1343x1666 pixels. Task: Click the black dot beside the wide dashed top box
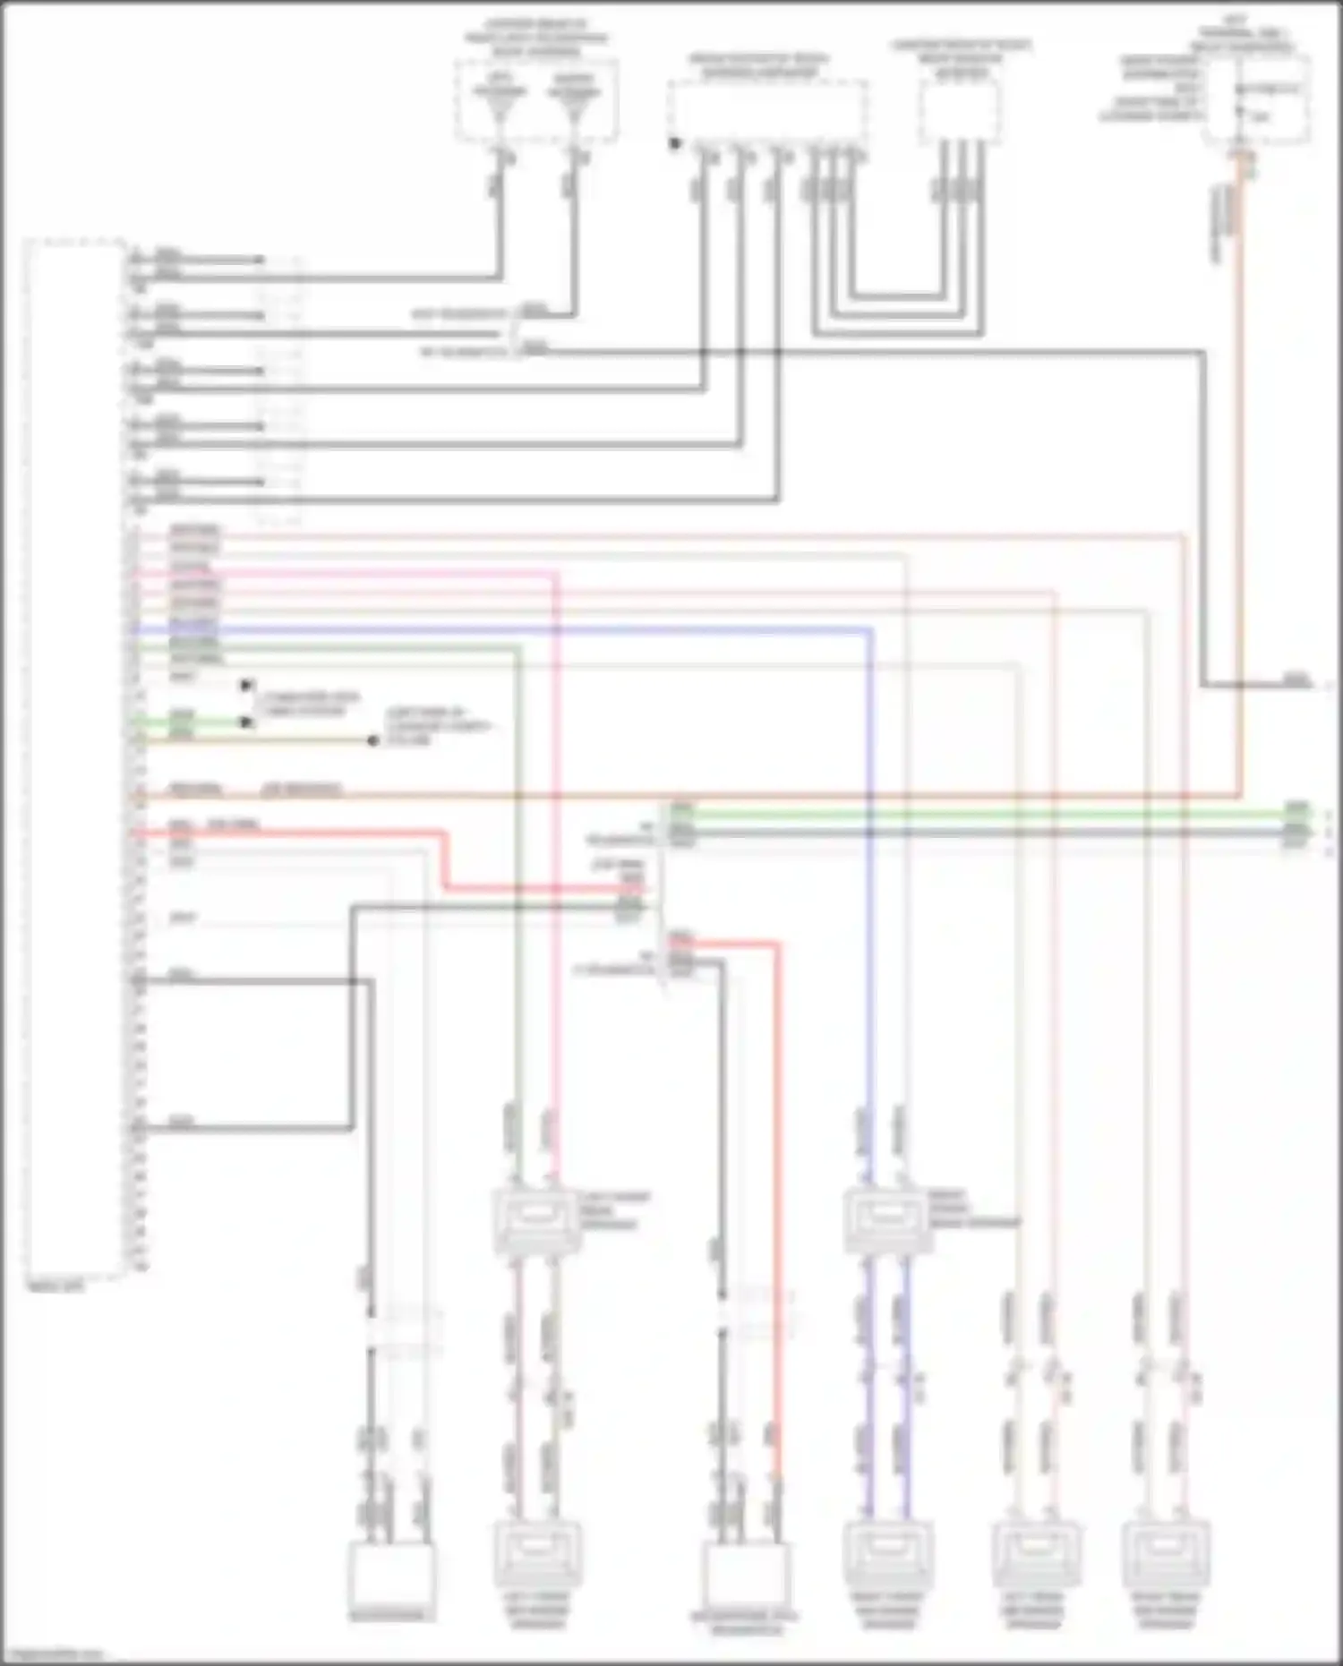(x=675, y=143)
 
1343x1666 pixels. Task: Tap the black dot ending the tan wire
(x=373, y=741)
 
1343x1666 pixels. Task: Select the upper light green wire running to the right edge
(x=985, y=813)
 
